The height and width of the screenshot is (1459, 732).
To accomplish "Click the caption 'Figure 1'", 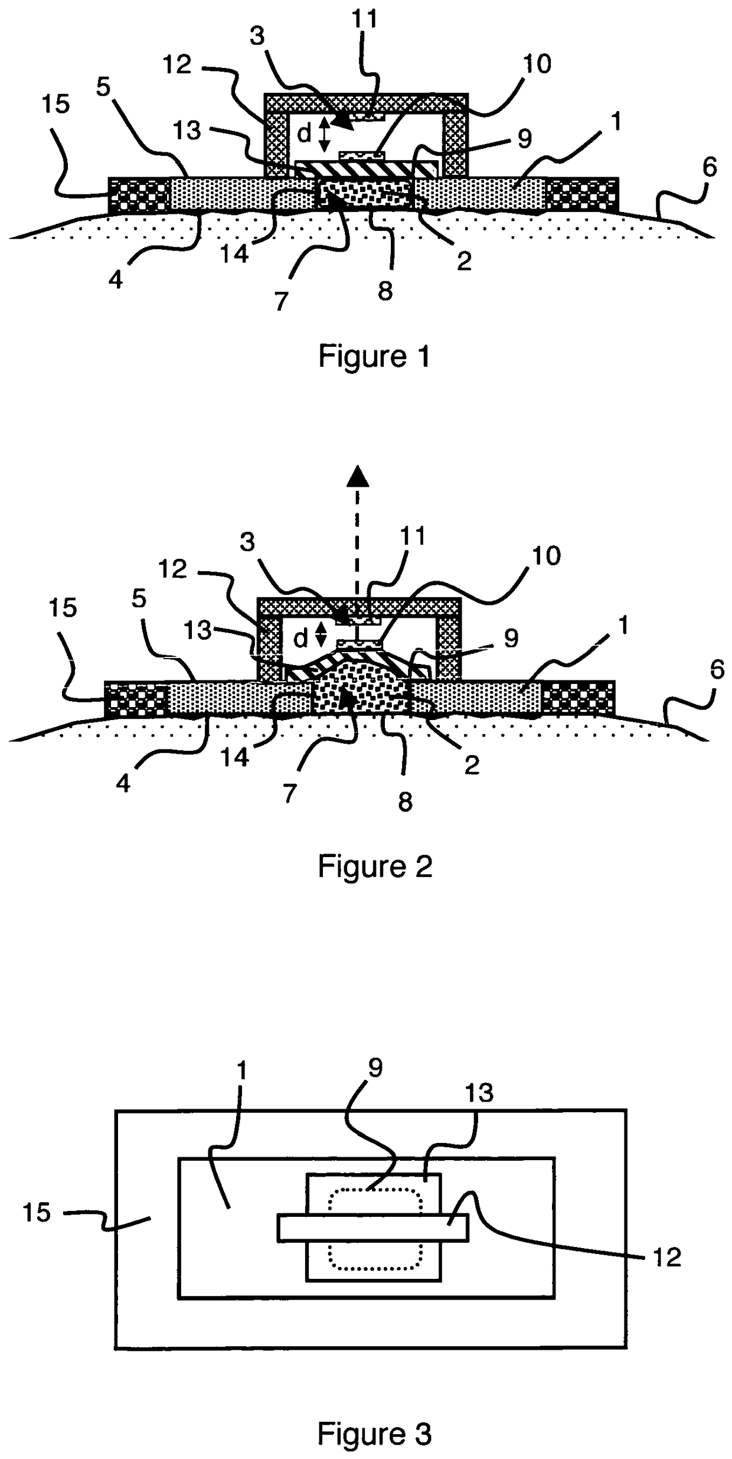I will (374, 356).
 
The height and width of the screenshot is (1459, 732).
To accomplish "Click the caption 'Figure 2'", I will (375, 867).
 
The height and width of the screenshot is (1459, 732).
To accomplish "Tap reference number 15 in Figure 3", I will (37, 1213).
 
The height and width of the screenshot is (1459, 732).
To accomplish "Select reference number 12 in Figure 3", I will (667, 1257).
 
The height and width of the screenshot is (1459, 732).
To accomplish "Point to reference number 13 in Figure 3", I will (478, 1093).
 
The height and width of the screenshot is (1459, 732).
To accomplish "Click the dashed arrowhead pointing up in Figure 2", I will (357, 476).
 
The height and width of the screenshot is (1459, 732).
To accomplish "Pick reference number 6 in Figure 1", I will (709, 167).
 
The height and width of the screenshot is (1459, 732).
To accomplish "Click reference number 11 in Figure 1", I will (364, 19).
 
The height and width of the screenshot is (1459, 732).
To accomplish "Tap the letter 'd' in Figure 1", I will (303, 134).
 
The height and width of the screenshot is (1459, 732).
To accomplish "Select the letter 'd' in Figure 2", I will (301, 638).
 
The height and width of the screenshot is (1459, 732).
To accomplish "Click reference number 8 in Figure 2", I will (405, 802).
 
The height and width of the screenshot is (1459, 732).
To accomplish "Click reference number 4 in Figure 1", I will (116, 279).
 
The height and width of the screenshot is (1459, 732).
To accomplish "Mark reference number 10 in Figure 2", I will (546, 556).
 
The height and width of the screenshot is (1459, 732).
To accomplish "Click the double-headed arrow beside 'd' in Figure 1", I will (322, 134).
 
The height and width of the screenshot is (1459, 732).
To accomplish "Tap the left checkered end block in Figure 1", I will (139, 194).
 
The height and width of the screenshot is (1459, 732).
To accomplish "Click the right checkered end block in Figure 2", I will (579, 699).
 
